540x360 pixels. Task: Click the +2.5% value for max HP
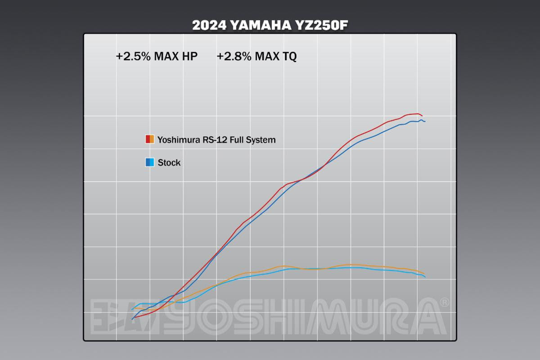[133, 57]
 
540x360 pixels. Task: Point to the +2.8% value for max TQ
[234, 57]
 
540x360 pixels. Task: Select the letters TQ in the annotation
[289, 57]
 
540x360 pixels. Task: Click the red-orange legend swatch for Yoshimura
[150, 139]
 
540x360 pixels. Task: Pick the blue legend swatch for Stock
[150, 162]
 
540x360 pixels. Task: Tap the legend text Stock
[169, 163]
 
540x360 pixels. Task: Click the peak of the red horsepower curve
[418, 114]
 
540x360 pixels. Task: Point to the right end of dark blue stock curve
[425, 121]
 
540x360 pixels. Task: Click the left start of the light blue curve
[131, 310]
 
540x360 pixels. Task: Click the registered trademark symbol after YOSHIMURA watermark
[444, 302]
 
